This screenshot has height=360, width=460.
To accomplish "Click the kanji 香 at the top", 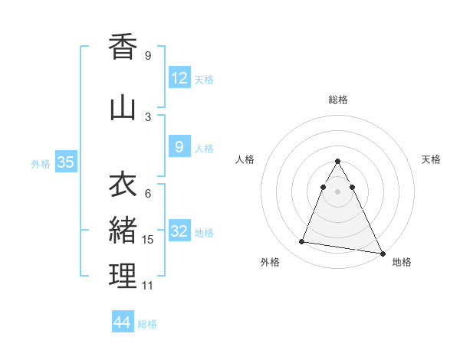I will pos(123,48).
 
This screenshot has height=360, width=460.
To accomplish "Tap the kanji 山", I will pos(123,109).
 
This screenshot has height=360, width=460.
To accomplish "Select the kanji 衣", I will pos(123,185).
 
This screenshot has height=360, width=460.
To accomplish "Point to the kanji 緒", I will pos(123,230).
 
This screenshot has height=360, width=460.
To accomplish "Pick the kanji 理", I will pos(123,276).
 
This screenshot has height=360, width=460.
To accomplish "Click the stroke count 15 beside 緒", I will pos(148,240).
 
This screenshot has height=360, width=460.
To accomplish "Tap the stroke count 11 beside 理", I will pos(148,286).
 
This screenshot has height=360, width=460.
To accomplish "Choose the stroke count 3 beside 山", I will pos(148,116).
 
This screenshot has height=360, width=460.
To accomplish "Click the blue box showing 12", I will pos(179,78).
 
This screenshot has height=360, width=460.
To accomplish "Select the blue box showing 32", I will pos(179,232).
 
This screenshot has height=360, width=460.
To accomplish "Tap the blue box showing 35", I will pos(65,162).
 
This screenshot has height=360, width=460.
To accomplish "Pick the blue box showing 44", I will pos(123,322).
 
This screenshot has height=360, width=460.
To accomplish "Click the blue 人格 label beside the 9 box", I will pos(204,149).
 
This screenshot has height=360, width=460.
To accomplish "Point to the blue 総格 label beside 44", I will pos(147,324).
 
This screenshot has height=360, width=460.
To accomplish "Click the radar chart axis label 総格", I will pos(338,100).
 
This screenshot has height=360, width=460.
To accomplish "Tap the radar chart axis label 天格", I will pos(432,159).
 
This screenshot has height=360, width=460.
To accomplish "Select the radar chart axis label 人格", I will pos(245,159).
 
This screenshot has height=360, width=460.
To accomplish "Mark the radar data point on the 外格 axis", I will pos(302,242).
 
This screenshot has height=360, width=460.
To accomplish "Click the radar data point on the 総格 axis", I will pos(337,162).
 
